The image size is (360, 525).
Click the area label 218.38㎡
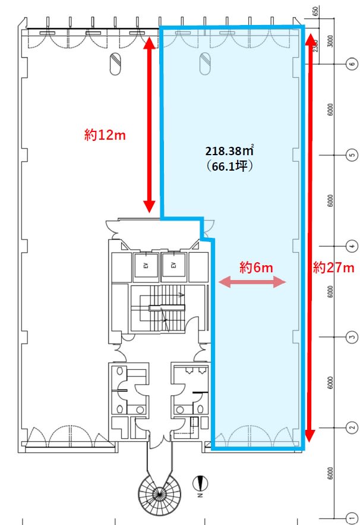(x=229, y=150)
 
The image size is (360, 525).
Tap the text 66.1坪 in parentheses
(x=229, y=166)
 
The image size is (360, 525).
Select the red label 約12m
(x=105, y=135)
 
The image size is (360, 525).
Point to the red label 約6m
(x=256, y=267)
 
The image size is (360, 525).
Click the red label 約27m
(x=334, y=268)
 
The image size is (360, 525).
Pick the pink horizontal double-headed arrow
(x=252, y=282)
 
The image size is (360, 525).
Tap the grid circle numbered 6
(x=352, y=64)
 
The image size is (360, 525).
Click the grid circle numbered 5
(x=352, y=155)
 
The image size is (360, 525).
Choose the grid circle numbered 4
(x=352, y=246)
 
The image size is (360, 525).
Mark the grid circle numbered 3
(x=352, y=337)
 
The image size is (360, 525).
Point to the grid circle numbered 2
(x=352, y=427)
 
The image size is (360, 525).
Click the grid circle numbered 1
(x=352, y=518)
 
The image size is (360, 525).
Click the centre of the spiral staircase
(x=160, y=492)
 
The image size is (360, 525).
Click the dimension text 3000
(x=330, y=41)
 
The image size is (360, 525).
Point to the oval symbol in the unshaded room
(x=115, y=64)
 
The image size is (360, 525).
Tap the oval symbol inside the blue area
(x=205, y=64)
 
